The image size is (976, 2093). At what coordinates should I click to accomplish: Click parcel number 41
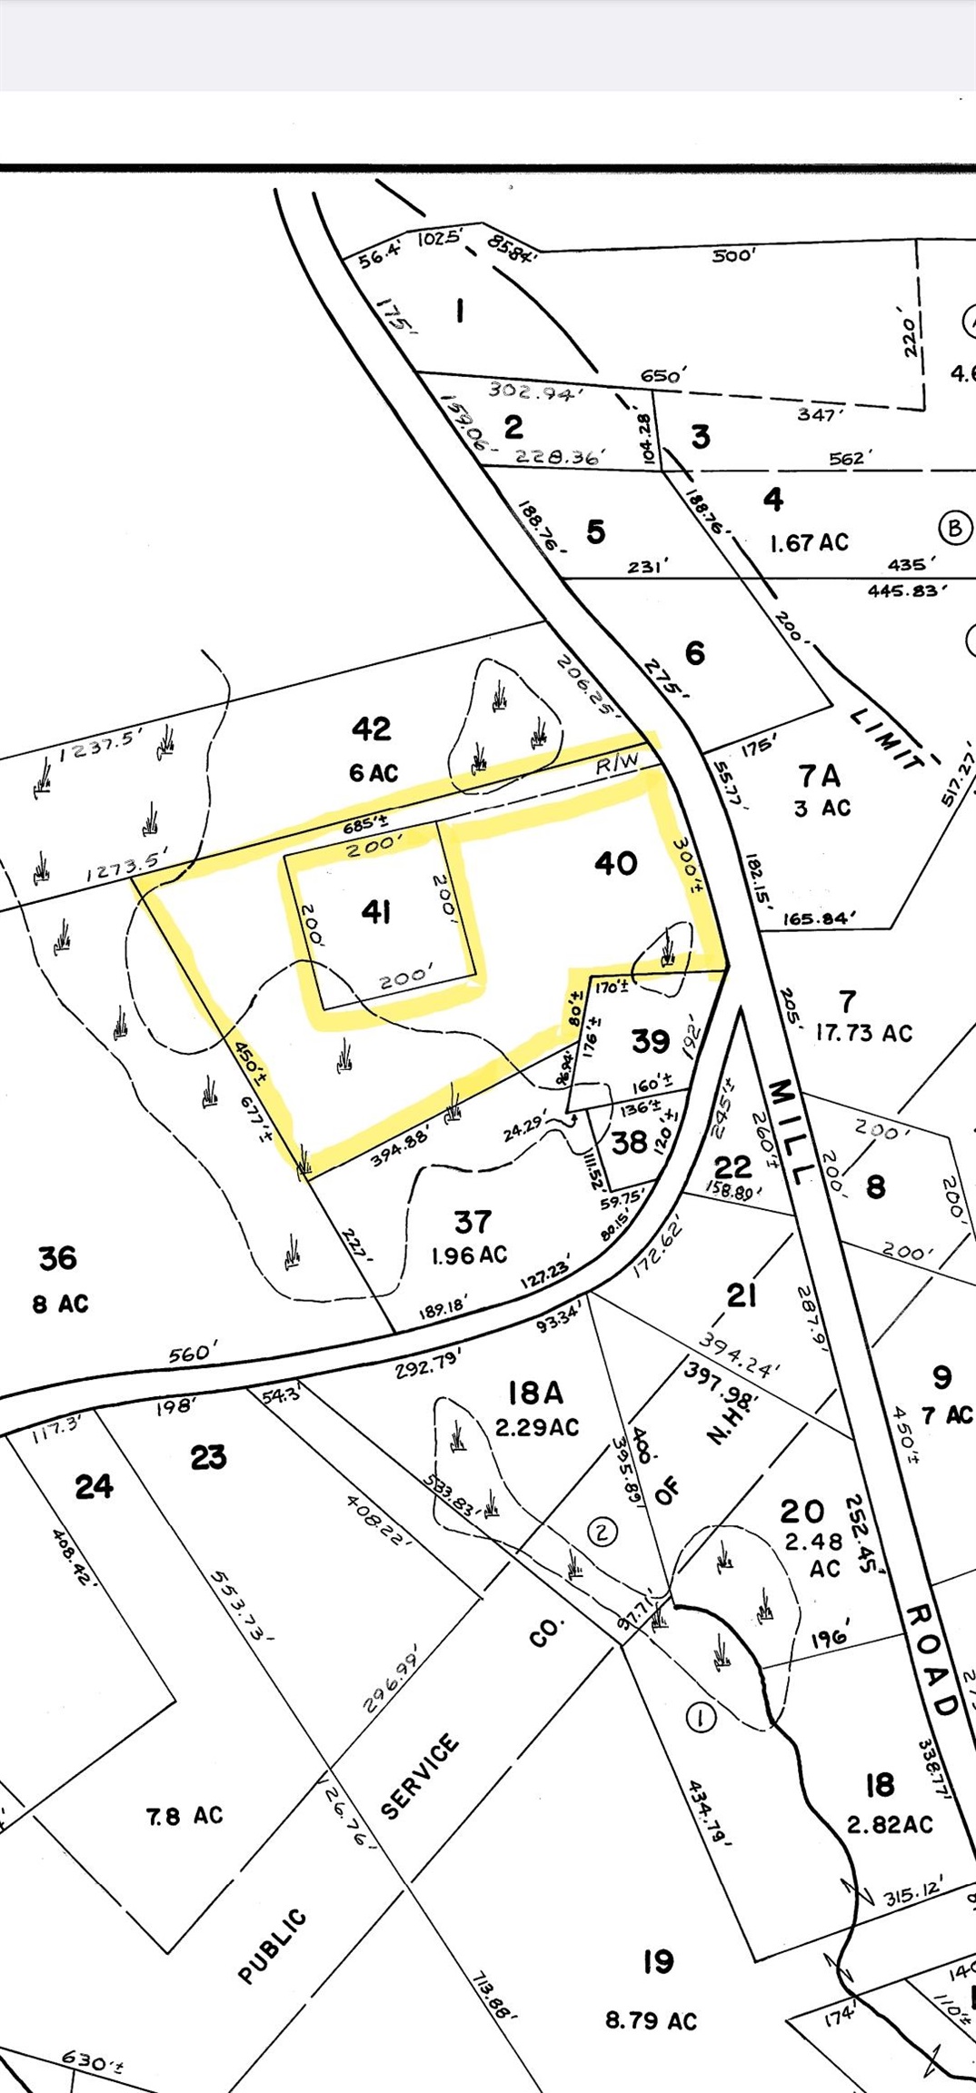tap(376, 911)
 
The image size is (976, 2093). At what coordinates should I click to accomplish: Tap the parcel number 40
tap(615, 862)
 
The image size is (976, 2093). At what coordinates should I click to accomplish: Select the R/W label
tap(618, 764)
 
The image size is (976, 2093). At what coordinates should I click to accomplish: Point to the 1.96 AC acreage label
tap(469, 1255)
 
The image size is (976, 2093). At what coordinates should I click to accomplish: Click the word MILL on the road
tap(786, 1131)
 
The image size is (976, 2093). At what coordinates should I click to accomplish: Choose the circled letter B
tap(954, 528)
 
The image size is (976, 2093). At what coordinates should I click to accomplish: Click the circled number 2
tap(603, 1532)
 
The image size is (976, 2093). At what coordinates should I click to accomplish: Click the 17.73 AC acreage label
tap(863, 1033)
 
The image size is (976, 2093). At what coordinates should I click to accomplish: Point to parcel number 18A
tap(535, 1392)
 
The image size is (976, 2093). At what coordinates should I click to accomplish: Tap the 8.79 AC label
tap(651, 2020)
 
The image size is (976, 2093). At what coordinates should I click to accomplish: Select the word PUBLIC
tap(272, 1946)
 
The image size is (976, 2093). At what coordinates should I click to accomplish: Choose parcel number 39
tap(651, 1041)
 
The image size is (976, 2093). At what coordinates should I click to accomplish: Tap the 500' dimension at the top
tap(732, 255)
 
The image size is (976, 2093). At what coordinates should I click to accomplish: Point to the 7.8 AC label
tap(184, 1815)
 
